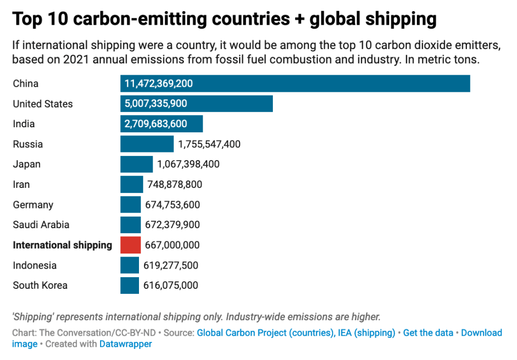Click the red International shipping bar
click(x=130, y=245)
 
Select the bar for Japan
click(x=136, y=164)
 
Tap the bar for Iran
click(x=131, y=184)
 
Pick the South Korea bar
click(x=129, y=285)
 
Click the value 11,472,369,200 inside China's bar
click(x=159, y=84)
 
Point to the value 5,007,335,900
click(x=156, y=104)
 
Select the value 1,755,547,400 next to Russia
click(x=209, y=144)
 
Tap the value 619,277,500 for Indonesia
click(x=171, y=265)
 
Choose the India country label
click(x=24, y=124)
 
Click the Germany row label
click(x=33, y=204)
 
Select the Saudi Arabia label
click(x=41, y=225)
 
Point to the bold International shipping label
click(x=62, y=245)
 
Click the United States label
click(x=42, y=104)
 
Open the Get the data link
click(x=429, y=333)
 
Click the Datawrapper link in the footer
click(x=125, y=344)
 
